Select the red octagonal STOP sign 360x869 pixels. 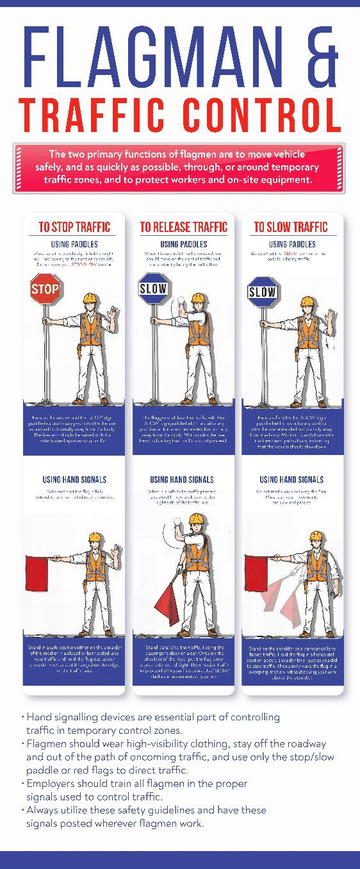pyautogui.click(x=45, y=289)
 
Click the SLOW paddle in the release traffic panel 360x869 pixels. pyautogui.click(x=153, y=289)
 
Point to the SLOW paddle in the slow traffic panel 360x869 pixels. pyautogui.click(x=262, y=292)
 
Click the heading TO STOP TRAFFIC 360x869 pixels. pyautogui.click(x=74, y=227)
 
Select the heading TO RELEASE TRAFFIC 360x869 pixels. pyautogui.click(x=183, y=227)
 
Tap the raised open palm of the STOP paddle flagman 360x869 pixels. pyautogui.click(x=114, y=314)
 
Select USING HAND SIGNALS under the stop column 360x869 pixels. pyautogui.click(x=74, y=479)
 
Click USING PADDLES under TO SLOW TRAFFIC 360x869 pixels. pyautogui.click(x=292, y=244)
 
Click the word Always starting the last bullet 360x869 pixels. pyautogui.click(x=44, y=811)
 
